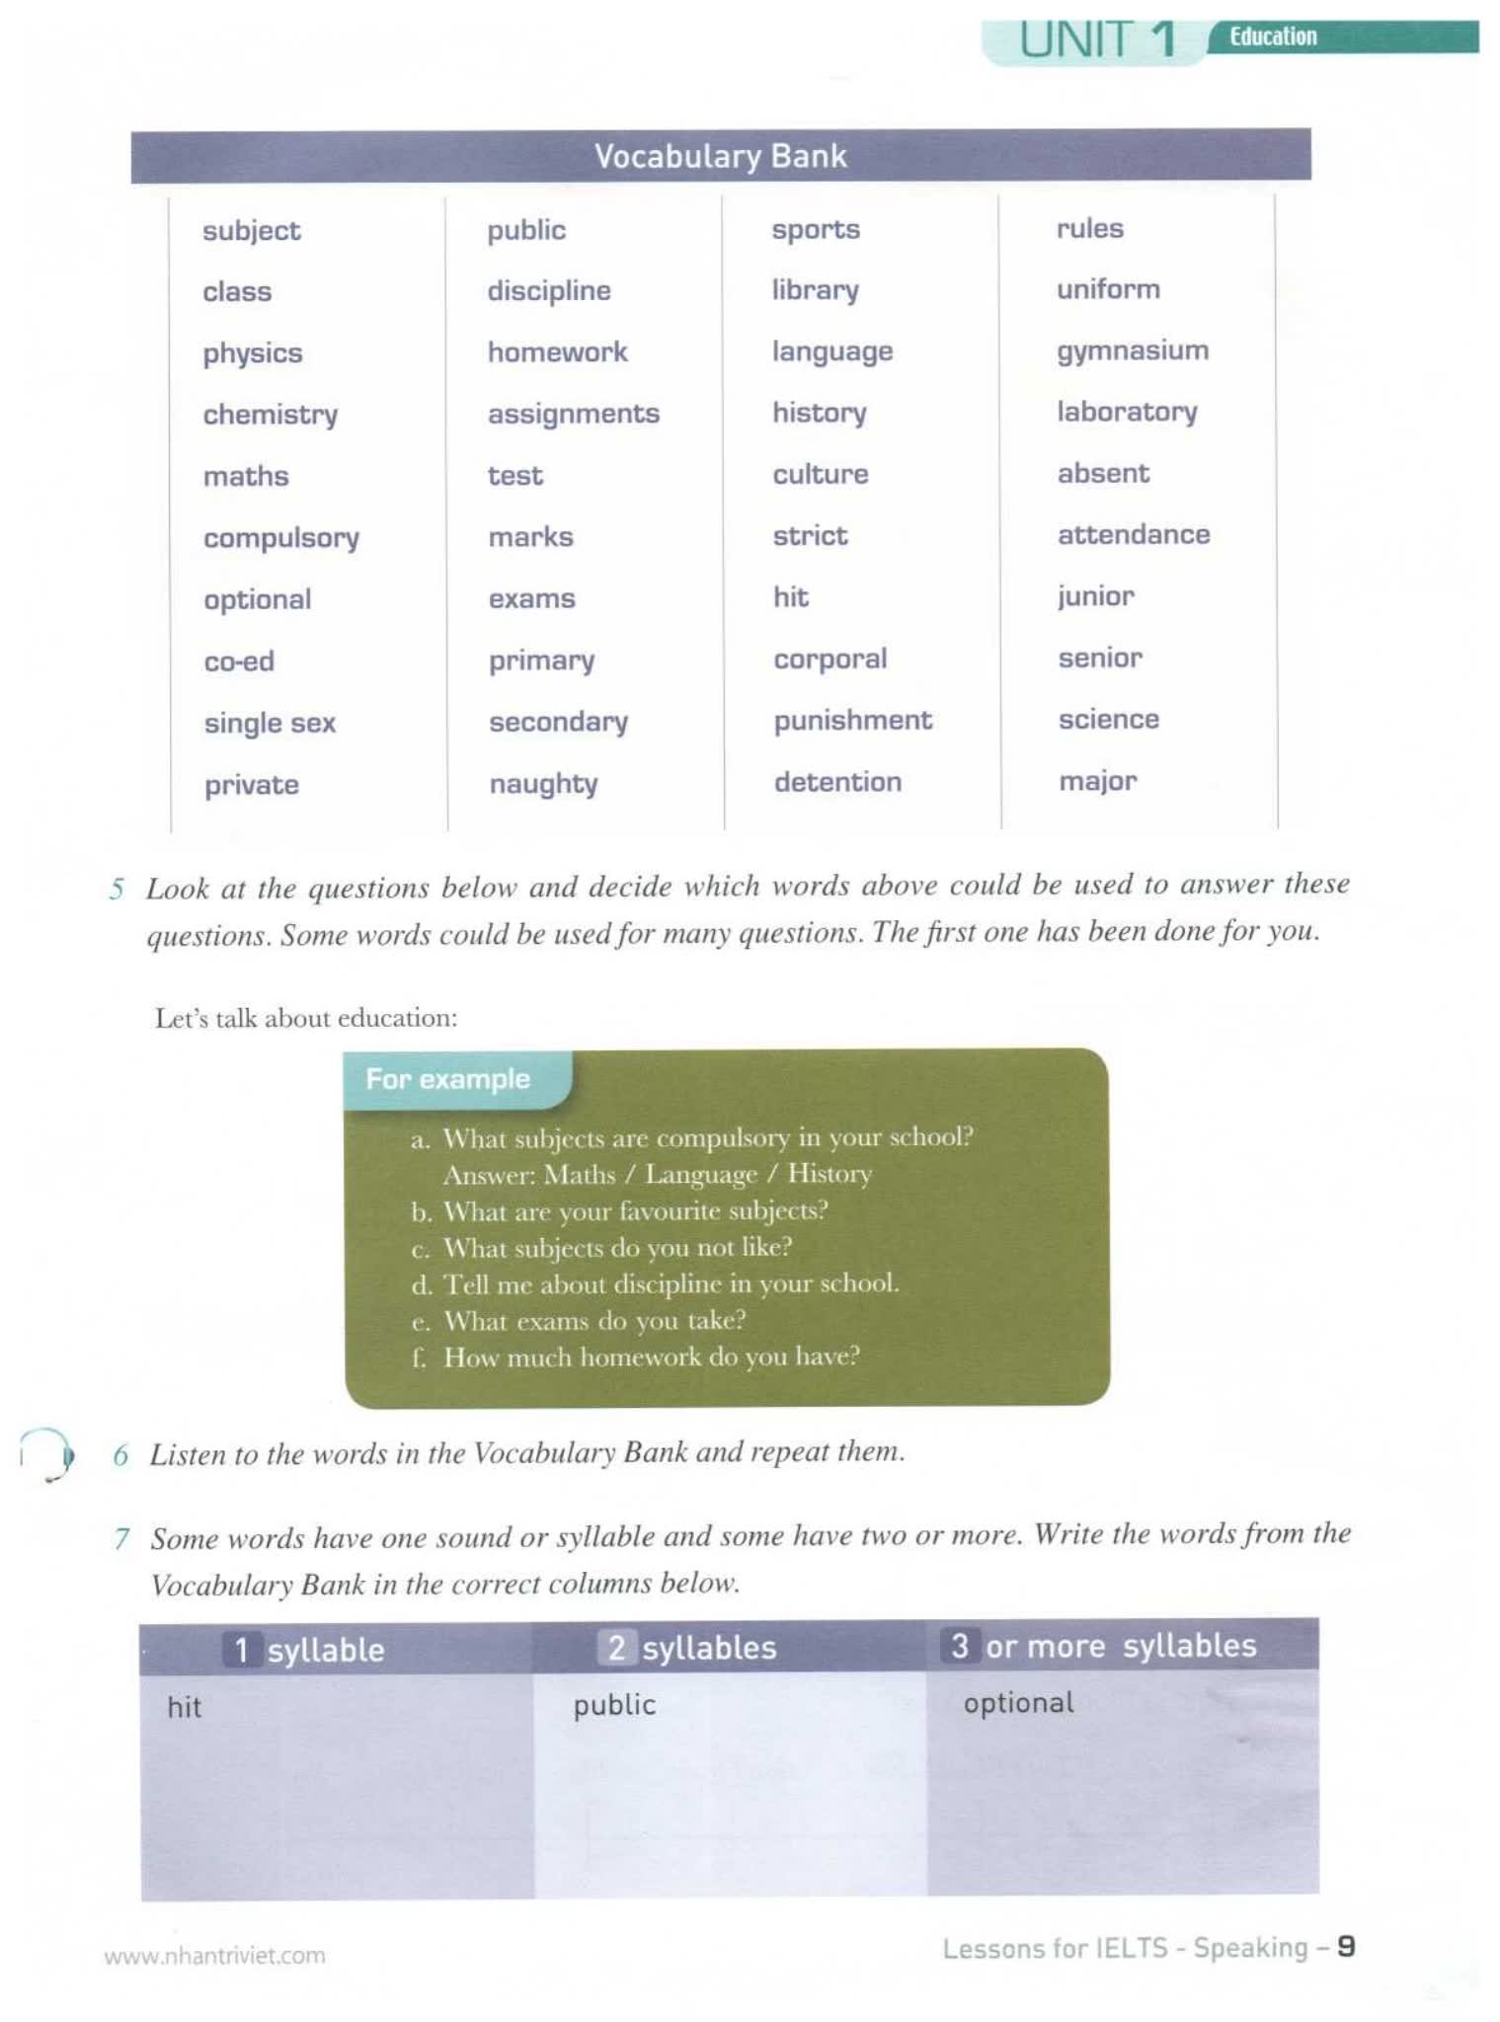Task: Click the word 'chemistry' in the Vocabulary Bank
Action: pyautogui.click(x=270, y=415)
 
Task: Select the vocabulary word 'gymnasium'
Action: pyautogui.click(x=1132, y=351)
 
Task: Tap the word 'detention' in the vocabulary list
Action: pyautogui.click(x=837, y=782)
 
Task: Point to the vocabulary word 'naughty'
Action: pyautogui.click(x=543, y=784)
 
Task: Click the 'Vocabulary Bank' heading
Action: pyautogui.click(x=720, y=156)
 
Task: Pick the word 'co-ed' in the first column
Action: pyautogui.click(x=239, y=661)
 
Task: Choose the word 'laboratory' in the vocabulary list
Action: pyautogui.click(x=1127, y=412)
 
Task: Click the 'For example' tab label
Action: pyautogui.click(x=447, y=1079)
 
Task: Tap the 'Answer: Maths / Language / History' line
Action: pyautogui.click(x=658, y=1174)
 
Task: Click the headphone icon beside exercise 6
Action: pyautogui.click(x=47, y=1454)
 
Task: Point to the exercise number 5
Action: pyautogui.click(x=117, y=889)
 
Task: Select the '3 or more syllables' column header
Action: pyautogui.click(x=1103, y=1646)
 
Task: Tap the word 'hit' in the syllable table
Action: pyautogui.click(x=185, y=1707)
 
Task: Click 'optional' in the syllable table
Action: pyautogui.click(x=1018, y=1703)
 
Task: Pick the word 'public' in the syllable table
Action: pyautogui.click(x=614, y=1705)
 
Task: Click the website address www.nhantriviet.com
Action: pyautogui.click(x=214, y=1955)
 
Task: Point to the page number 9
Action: pyautogui.click(x=1345, y=1947)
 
